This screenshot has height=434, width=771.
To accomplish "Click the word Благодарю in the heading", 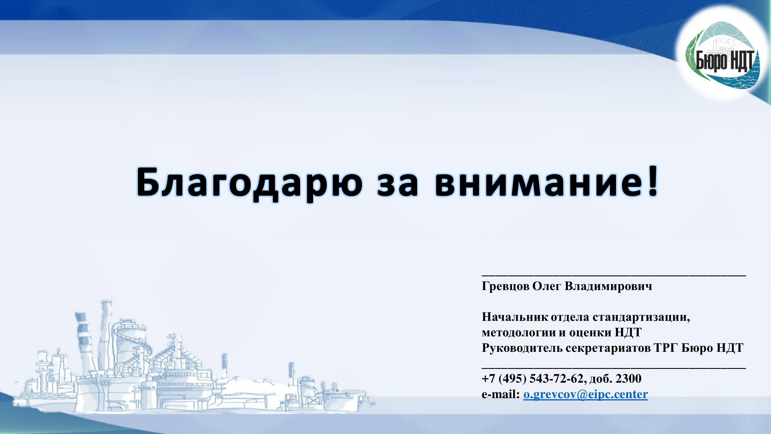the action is pos(249,183).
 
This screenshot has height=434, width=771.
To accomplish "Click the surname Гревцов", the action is pos(506,286).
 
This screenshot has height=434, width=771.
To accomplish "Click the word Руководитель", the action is pos(522,348).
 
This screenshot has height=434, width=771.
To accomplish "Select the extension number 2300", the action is pos(628,378).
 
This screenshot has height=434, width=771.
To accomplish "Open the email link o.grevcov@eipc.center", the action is pos(585,394).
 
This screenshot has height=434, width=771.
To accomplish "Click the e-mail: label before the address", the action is pos(501,394).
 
